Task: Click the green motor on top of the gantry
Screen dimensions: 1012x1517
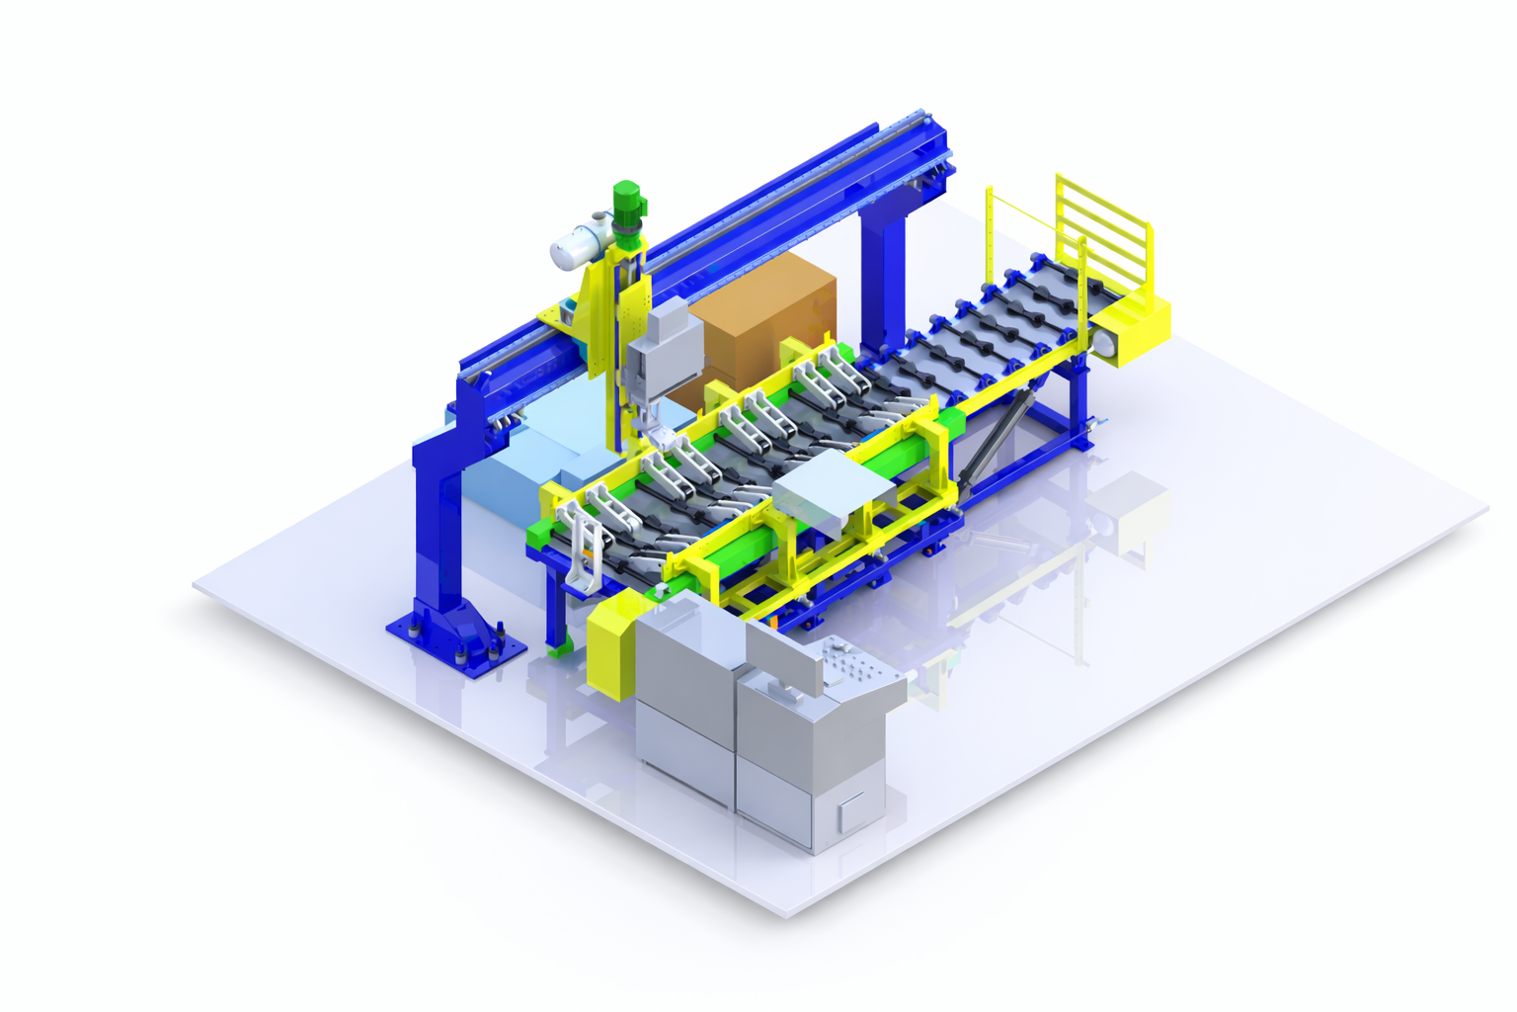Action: click(626, 203)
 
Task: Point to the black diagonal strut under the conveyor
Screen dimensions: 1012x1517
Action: click(1001, 435)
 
